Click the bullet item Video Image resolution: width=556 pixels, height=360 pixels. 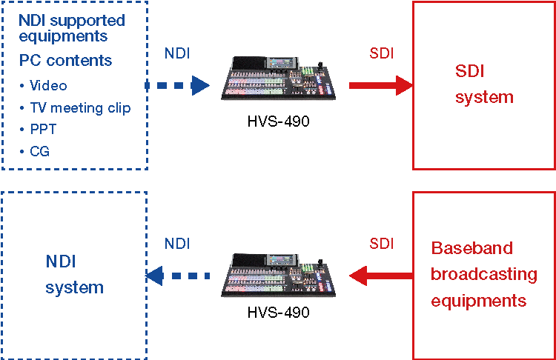pos(49,86)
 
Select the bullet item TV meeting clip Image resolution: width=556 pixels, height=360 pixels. pos(79,108)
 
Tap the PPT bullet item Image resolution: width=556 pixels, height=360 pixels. pos(43,130)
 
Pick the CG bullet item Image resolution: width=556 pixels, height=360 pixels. pos(40,152)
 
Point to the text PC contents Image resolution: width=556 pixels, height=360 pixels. pos(66,60)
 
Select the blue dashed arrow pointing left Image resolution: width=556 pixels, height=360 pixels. pos(178,276)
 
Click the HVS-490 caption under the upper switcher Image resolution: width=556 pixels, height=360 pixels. pos(278,121)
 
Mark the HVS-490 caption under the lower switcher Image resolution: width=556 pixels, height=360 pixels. pos(278,313)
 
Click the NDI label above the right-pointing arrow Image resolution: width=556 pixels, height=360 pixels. pos(176,54)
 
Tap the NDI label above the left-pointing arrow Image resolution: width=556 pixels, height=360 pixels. pos(176,243)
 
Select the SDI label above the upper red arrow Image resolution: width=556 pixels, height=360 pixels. pos(381,54)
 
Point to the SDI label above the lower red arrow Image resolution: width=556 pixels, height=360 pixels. pos(381,243)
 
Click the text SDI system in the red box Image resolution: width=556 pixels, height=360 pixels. pos(483,84)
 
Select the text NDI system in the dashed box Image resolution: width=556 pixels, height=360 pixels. pos(74,274)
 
